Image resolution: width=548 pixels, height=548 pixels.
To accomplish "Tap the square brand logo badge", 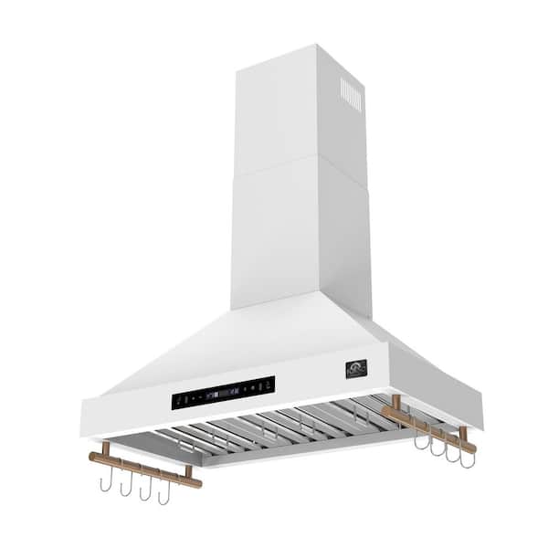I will coord(355,369).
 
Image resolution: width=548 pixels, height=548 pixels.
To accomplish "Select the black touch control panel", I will coord(223,392).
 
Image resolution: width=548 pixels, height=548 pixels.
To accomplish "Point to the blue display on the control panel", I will coord(211,395).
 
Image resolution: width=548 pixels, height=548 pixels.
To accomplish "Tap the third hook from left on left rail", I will coord(144,489).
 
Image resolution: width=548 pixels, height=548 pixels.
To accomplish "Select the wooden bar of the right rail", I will coord(429,428).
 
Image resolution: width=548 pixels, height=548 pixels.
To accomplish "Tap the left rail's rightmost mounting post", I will coord(188,472).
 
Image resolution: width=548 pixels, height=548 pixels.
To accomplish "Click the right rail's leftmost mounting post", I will coord(395,404).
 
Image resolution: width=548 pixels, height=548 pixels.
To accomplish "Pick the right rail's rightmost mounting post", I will coord(463,434).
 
